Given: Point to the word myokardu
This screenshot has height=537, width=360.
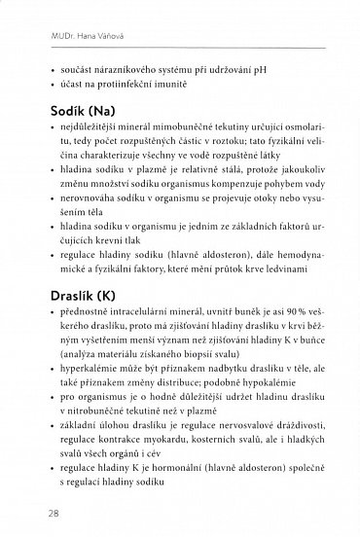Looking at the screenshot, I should coord(143,447).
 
